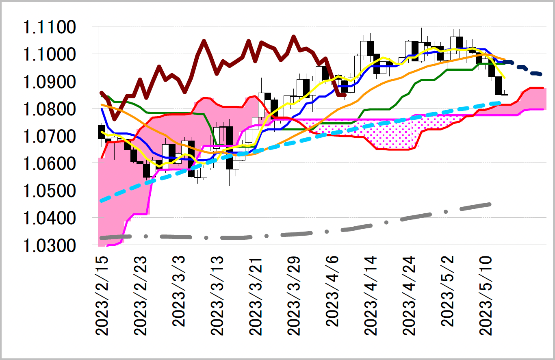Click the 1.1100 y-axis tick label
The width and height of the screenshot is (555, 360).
point(49,28)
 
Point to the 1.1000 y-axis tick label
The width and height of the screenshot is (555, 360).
point(49,55)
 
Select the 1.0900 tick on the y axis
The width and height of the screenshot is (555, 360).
point(49,82)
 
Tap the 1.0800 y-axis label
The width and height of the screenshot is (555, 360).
point(49,109)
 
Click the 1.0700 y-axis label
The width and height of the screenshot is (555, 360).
point(49,137)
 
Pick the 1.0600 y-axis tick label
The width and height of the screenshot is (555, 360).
point(49,164)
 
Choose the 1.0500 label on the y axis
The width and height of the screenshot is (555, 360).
point(49,191)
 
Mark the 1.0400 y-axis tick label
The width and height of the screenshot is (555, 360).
point(49,218)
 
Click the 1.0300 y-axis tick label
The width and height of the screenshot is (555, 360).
point(49,245)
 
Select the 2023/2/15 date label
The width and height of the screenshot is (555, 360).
point(102,296)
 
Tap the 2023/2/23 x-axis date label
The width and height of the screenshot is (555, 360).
point(141,296)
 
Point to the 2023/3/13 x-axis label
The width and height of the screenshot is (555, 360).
point(217,296)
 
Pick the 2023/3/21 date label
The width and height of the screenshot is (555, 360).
point(256,296)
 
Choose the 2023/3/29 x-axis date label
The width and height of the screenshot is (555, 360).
point(295,296)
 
